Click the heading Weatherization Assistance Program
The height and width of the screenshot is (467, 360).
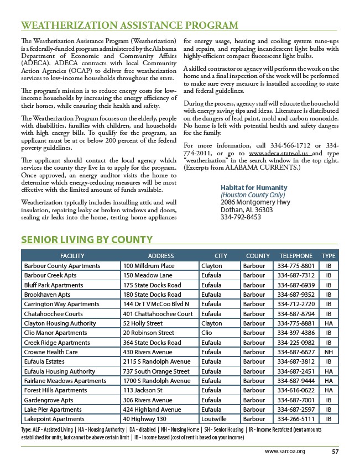[129, 25]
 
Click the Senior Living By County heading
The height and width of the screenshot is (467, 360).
[86, 239]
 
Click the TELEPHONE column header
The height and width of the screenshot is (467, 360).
[296, 256]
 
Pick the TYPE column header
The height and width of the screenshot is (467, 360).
[328, 256]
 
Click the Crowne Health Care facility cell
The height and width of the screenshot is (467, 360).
[50, 352]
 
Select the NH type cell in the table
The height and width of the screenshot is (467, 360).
[328, 352]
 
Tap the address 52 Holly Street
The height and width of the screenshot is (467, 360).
[143, 323]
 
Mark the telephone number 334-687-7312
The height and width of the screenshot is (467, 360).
[296, 275]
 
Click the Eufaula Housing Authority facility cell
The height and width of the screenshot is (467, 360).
[60, 371]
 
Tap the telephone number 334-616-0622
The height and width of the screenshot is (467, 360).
[296, 391]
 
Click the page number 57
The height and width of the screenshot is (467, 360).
[335, 451]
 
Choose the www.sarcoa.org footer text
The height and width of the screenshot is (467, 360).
[285, 451]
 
